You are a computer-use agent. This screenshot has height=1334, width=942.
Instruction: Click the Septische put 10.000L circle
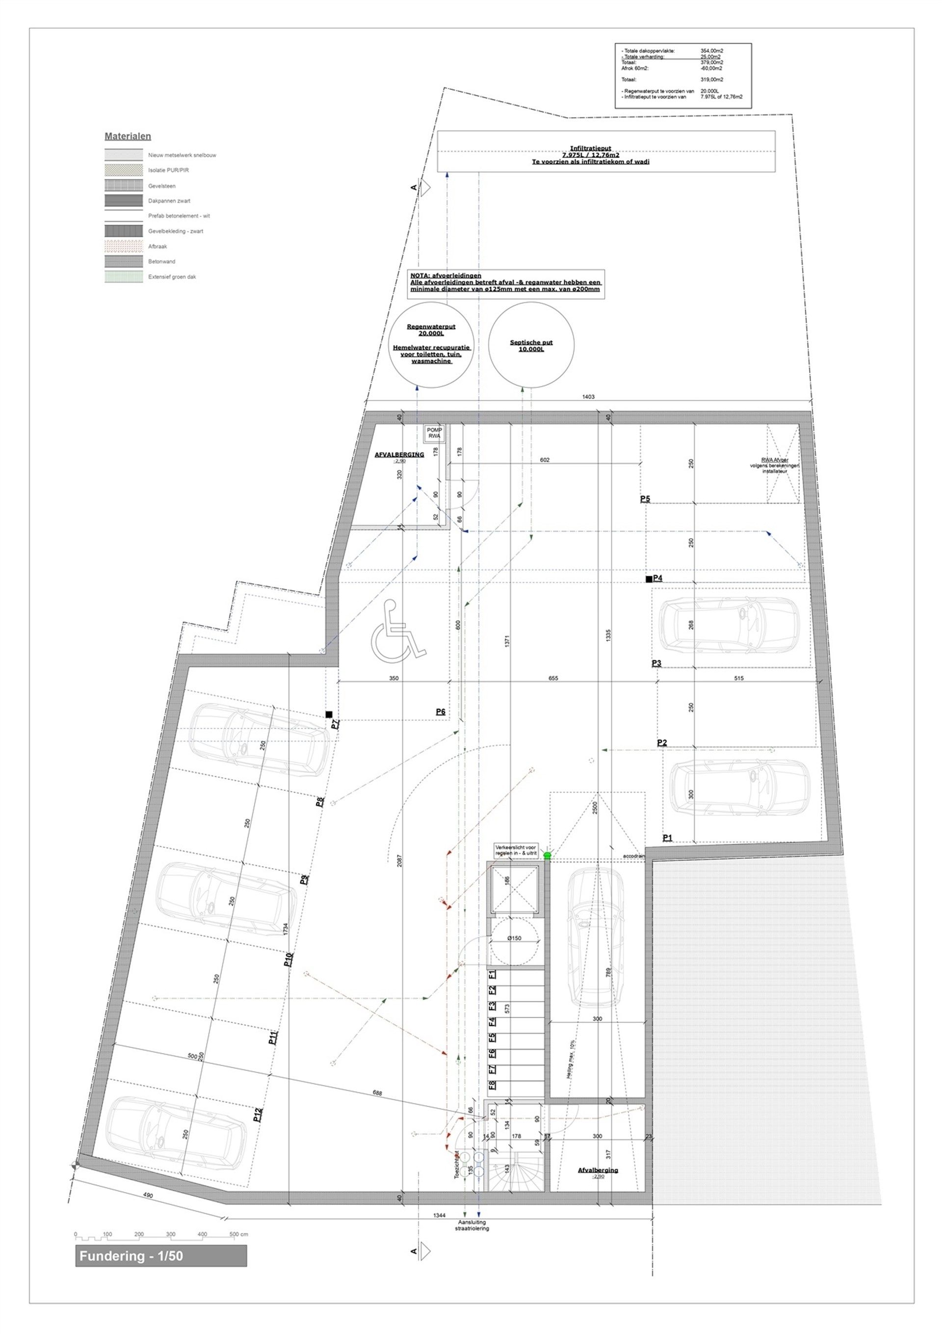click(531, 345)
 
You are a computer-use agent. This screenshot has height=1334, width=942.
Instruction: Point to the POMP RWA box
click(434, 433)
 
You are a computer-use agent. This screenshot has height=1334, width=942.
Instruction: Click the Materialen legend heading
click(128, 136)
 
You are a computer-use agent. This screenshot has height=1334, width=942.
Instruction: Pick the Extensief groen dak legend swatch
click(124, 277)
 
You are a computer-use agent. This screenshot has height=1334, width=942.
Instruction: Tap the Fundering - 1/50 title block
click(161, 1256)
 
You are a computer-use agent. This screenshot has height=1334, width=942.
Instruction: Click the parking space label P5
click(645, 499)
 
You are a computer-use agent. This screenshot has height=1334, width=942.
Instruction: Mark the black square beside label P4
click(649, 579)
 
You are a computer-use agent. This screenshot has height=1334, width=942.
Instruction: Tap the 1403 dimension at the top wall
click(588, 397)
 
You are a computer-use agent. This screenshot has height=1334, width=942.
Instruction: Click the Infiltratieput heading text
click(590, 148)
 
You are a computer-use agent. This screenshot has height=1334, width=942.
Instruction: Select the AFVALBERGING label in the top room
click(399, 454)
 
